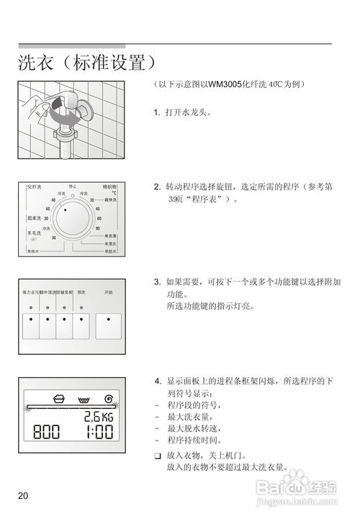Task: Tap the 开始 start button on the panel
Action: coord(109,327)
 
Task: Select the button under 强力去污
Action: coord(30,327)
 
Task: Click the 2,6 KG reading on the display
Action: coord(98,416)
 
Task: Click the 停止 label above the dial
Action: coord(73,186)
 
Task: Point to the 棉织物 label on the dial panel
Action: coord(109,186)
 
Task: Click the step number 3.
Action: coord(157,282)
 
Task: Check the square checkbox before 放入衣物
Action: coord(158,456)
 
